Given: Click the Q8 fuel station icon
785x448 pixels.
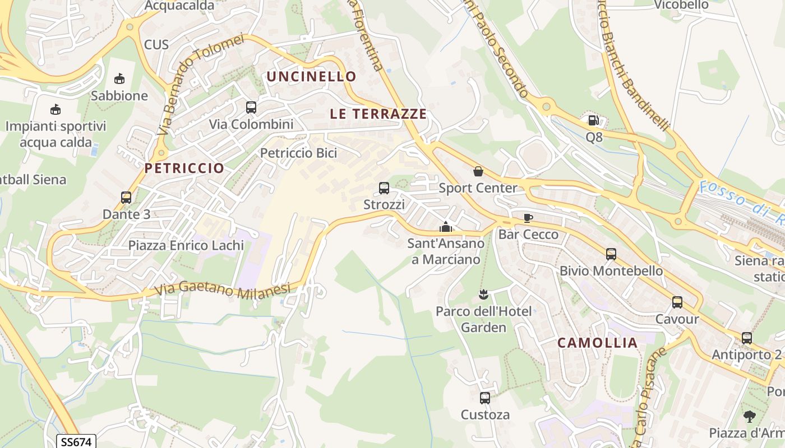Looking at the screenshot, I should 593,120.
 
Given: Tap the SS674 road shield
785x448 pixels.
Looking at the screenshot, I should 76,442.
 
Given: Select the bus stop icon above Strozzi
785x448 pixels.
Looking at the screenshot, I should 384,188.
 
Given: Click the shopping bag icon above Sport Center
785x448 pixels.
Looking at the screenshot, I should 478,171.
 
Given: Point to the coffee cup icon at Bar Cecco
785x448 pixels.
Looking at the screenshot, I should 528,218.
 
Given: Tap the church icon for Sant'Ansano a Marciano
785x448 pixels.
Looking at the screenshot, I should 446,227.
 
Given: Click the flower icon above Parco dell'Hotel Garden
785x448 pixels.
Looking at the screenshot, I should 483,294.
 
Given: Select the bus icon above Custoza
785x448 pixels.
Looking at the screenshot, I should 485,398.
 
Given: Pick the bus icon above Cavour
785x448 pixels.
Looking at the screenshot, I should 677,302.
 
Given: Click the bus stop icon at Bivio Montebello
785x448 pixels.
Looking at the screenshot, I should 611,254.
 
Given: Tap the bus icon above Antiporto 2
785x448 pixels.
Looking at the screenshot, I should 747,338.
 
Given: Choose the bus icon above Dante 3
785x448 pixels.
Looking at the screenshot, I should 126,197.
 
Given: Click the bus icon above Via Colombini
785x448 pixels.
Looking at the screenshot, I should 251,107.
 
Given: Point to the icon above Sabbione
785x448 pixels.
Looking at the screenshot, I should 119,79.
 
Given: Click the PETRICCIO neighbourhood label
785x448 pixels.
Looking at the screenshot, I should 184,168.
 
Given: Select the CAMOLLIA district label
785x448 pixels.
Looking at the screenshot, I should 598,343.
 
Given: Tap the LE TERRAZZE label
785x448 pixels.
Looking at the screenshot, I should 378,114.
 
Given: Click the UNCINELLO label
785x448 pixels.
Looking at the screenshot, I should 311,76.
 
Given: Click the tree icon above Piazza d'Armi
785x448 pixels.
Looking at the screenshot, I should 749,416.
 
